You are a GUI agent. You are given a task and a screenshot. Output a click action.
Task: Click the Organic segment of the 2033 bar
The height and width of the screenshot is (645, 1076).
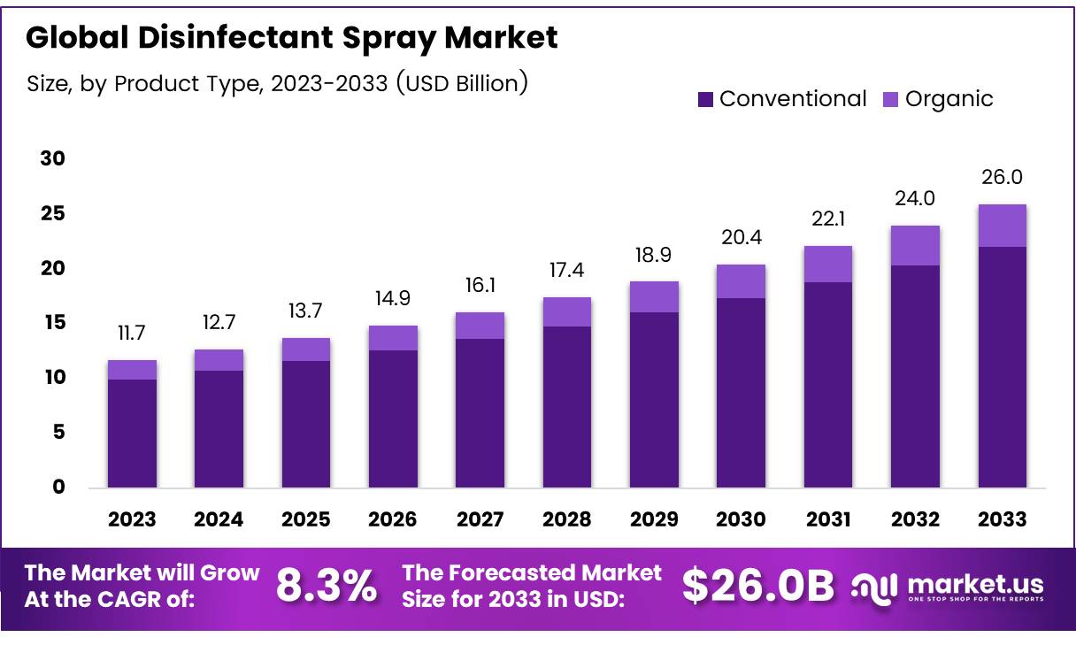[x=1002, y=226]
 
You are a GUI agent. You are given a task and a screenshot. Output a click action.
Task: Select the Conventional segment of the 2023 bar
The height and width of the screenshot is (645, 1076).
[x=132, y=434]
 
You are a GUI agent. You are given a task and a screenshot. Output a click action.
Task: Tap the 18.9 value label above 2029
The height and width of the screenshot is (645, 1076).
[x=654, y=256]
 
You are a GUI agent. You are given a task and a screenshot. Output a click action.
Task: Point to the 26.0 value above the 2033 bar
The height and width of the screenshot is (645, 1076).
[x=1002, y=178]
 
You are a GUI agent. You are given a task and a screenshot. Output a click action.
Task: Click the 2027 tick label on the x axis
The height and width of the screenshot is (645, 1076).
[x=480, y=518]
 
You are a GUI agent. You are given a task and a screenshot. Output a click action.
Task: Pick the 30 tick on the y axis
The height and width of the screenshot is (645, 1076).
[x=53, y=159]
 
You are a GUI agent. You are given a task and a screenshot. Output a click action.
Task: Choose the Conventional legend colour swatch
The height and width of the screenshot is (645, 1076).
[x=705, y=99]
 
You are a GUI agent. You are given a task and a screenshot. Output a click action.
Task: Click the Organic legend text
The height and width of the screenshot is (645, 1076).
[x=949, y=99]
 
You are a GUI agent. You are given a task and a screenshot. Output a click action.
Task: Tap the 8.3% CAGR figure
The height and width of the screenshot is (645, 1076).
[x=327, y=586]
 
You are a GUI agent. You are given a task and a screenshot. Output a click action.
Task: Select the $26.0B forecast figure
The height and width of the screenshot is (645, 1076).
[x=758, y=586]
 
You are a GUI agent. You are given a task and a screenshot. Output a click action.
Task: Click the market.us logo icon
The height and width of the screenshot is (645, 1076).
[x=873, y=586]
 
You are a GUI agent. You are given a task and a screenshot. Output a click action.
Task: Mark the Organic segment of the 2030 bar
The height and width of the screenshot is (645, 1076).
[x=741, y=281]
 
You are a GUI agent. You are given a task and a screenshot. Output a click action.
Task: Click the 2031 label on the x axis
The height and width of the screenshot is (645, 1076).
[x=827, y=518]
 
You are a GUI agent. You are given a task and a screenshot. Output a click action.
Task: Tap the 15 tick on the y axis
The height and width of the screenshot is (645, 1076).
[x=53, y=323]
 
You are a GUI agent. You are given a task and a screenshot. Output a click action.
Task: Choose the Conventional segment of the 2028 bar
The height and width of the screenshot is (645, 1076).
[x=566, y=407]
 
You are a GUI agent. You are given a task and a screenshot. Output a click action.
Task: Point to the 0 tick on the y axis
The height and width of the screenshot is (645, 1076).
[x=58, y=488]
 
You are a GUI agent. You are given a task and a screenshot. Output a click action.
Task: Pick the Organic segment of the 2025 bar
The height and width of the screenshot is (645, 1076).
[x=305, y=349]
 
